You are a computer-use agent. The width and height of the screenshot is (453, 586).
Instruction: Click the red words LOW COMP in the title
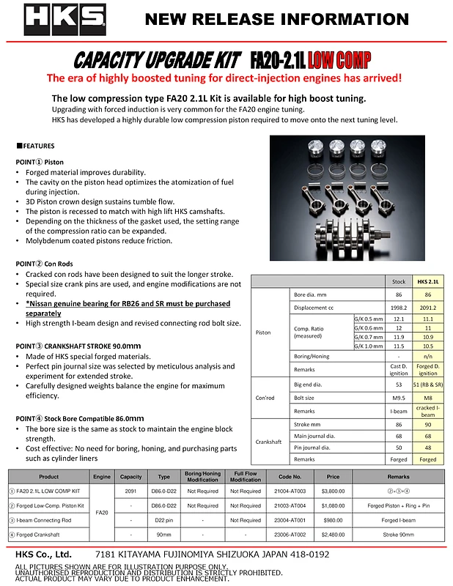point(339,59)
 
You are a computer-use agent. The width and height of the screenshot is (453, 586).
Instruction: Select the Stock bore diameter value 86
point(399,294)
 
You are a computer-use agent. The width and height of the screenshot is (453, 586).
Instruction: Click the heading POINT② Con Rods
point(48,263)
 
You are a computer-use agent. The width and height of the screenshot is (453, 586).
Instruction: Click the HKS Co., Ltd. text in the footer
point(43,555)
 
